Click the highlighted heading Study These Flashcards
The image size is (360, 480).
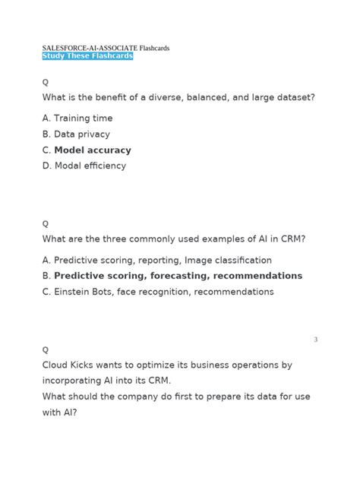pos(87,56)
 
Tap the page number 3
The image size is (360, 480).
pos(315,339)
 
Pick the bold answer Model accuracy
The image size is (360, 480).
pos(93,150)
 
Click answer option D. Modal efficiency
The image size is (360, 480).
pos(84,166)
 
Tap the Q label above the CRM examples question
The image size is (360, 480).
pos(46,223)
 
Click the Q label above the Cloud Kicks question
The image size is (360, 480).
pos(46,349)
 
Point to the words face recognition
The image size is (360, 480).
pos(156,292)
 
